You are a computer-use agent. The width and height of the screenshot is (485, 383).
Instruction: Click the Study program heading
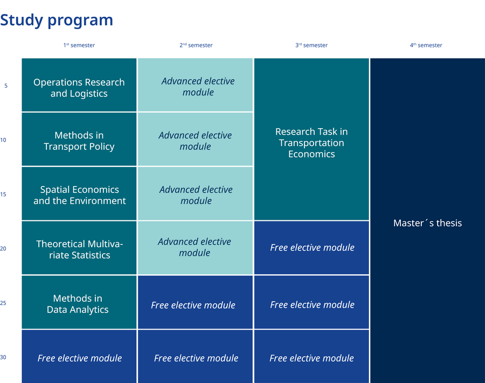[x=57, y=20]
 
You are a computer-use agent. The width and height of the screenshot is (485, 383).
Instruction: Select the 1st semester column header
[x=79, y=45]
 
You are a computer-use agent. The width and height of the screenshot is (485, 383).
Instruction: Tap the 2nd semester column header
[x=196, y=45]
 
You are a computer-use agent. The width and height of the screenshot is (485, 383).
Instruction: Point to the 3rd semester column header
[x=311, y=45]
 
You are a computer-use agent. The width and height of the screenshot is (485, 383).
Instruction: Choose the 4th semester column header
[x=426, y=45]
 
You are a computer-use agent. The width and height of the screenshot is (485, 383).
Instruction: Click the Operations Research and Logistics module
[x=79, y=85]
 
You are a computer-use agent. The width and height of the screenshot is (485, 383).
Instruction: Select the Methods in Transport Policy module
[x=79, y=140]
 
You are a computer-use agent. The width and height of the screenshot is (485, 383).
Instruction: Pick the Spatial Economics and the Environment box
[x=79, y=194]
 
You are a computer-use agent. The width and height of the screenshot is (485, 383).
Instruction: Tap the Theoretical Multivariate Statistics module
[x=79, y=248]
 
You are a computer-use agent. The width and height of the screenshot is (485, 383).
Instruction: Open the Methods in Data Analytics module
[x=79, y=302]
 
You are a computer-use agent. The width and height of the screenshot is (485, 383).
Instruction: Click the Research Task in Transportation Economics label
[x=311, y=143]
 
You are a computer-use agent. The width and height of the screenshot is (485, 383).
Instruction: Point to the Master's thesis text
[x=427, y=223]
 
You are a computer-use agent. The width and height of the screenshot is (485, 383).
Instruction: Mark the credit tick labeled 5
[x=6, y=86]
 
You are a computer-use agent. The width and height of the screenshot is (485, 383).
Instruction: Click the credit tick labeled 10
[x=3, y=140]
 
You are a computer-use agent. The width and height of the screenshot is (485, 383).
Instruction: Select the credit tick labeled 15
[x=3, y=194]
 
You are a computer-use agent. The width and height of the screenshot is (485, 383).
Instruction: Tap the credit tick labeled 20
[x=3, y=248]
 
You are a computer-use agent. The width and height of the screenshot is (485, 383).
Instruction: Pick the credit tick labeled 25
[x=3, y=303]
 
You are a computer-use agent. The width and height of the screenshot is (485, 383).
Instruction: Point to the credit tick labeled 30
[x=3, y=357]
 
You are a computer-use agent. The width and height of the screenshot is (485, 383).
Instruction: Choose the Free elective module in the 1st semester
[x=79, y=357]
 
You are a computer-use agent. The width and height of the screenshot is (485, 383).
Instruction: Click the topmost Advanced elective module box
[x=195, y=85]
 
